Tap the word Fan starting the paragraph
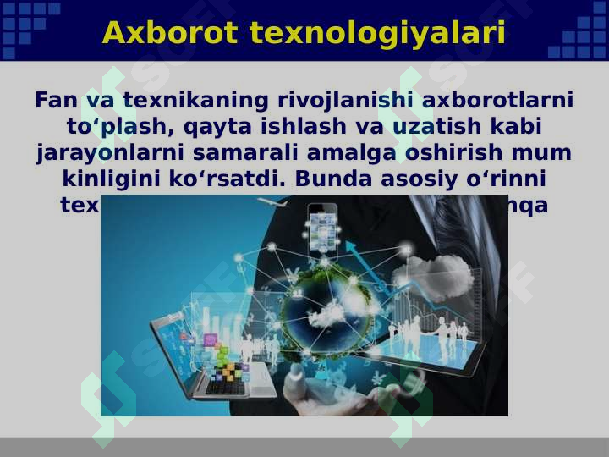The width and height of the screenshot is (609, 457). [x=58, y=101]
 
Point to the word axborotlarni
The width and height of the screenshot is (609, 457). [x=497, y=101]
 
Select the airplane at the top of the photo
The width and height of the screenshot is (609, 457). [x=272, y=204]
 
